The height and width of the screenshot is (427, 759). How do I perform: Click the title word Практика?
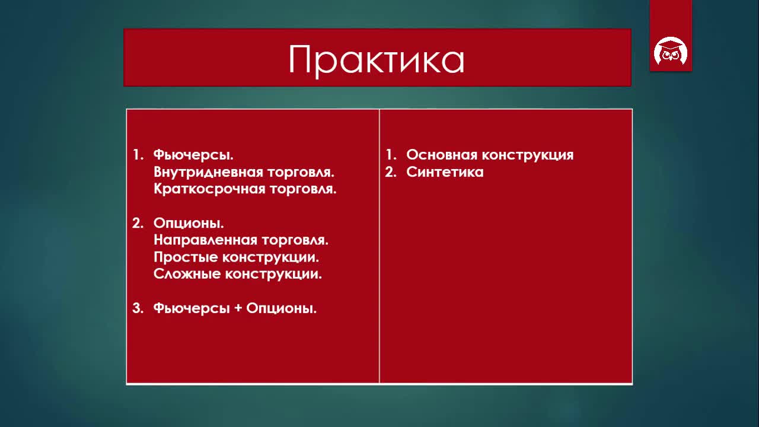pos(376,60)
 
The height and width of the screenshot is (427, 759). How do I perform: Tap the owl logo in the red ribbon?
pos(671,51)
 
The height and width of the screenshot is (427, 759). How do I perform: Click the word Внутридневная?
pos(208,172)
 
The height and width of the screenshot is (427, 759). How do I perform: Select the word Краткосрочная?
pos(209,189)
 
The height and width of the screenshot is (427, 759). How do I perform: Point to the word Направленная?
pos(205,240)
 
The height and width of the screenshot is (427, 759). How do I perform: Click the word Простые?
pos(186,257)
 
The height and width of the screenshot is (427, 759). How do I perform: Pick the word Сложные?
pos(187,274)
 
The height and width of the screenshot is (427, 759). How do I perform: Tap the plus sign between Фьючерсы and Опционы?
pos(238,308)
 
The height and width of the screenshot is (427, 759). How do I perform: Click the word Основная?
pos(442,155)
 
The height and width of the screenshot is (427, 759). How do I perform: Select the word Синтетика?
pos(445,172)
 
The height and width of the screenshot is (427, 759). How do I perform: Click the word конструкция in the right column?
pos(528,155)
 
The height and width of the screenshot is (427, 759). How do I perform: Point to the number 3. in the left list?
pos(138,308)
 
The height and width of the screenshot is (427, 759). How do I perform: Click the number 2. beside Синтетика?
pos(391,172)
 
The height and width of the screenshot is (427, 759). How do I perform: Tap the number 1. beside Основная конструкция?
pos(391,155)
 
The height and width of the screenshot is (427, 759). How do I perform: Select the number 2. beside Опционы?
pos(138,223)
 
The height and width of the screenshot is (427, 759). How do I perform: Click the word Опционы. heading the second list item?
pos(189,223)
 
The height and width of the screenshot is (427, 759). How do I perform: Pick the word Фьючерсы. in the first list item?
pos(193,155)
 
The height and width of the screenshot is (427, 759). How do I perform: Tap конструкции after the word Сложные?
pos(273,274)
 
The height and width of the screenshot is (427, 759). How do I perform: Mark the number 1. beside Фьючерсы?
pos(138,155)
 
